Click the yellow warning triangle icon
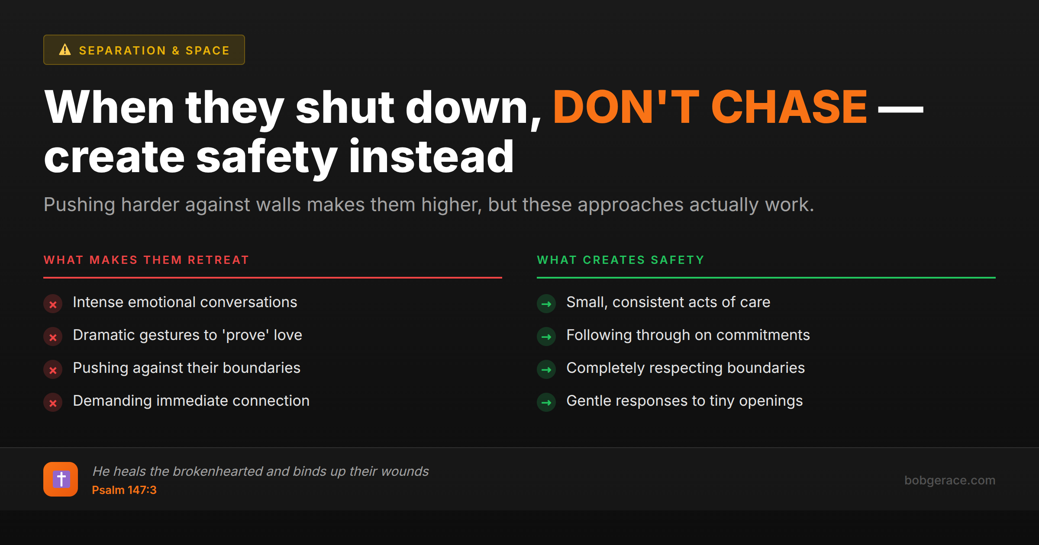click(x=65, y=50)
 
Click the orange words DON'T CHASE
click(x=710, y=107)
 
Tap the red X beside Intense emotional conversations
click(x=53, y=304)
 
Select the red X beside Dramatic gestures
click(x=53, y=337)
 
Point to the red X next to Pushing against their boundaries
click(x=53, y=370)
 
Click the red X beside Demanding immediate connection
click(x=53, y=403)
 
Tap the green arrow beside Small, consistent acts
click(x=546, y=304)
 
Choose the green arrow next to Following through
click(x=546, y=337)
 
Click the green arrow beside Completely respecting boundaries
click(x=546, y=370)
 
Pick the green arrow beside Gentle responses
click(x=546, y=403)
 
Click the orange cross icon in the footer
click(x=61, y=479)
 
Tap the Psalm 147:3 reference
click(x=124, y=490)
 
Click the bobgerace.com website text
click(x=950, y=480)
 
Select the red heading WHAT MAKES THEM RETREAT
click(x=146, y=260)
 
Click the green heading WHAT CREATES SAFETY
click(x=621, y=260)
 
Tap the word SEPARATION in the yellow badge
click(x=123, y=51)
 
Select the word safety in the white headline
click(x=267, y=157)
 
